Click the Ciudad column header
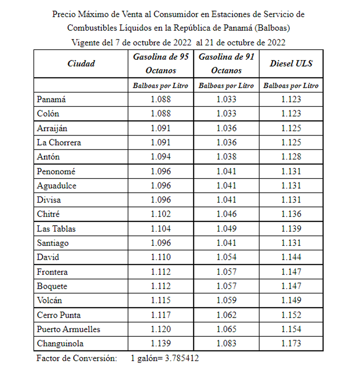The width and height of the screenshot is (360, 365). [x=81, y=64]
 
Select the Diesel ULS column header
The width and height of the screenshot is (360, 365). [x=291, y=64]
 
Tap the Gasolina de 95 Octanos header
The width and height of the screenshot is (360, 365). [x=161, y=64]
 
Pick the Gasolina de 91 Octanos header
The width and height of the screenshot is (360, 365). [x=226, y=64]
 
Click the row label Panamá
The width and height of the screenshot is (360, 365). [x=51, y=99]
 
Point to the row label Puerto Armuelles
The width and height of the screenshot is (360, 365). [x=69, y=329]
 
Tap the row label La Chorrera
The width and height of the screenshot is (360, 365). [x=59, y=142]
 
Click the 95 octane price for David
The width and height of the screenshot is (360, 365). [x=161, y=257]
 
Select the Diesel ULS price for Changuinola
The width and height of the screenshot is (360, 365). [x=291, y=344]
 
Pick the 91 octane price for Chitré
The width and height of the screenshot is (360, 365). [x=227, y=214]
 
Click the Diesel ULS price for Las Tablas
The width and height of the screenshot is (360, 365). [x=291, y=229]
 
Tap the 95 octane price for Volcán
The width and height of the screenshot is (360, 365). [x=161, y=301]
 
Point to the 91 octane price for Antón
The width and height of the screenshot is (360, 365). [x=227, y=157]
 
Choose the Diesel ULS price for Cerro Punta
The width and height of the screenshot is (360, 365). [x=291, y=315]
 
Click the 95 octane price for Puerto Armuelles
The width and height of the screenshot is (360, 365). [x=161, y=329]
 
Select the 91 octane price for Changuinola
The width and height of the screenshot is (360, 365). [x=227, y=344]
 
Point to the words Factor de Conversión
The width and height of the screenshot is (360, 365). [x=76, y=358]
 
